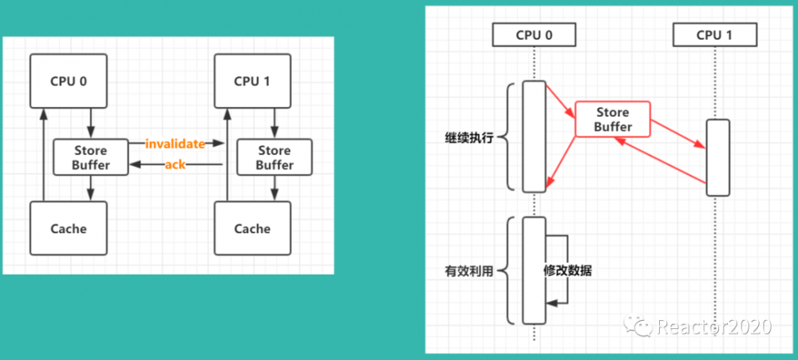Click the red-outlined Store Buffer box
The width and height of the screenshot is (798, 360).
click(x=613, y=120)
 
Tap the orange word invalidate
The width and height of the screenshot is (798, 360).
click(x=175, y=144)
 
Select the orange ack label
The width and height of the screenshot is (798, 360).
click(x=176, y=164)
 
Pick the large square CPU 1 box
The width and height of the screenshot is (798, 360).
click(x=252, y=80)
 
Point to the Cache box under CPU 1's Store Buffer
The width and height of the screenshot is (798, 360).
click(x=252, y=228)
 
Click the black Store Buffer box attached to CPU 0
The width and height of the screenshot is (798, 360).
click(x=91, y=157)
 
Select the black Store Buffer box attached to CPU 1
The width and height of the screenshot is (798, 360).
click(x=275, y=157)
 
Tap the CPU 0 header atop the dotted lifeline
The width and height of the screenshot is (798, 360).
click(x=534, y=34)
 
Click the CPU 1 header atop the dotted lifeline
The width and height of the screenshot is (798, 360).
click(x=714, y=34)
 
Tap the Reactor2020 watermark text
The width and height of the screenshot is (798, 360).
click(x=714, y=326)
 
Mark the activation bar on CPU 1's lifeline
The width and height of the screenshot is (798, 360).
click(x=717, y=157)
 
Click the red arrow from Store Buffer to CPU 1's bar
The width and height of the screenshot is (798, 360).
click(x=678, y=134)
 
